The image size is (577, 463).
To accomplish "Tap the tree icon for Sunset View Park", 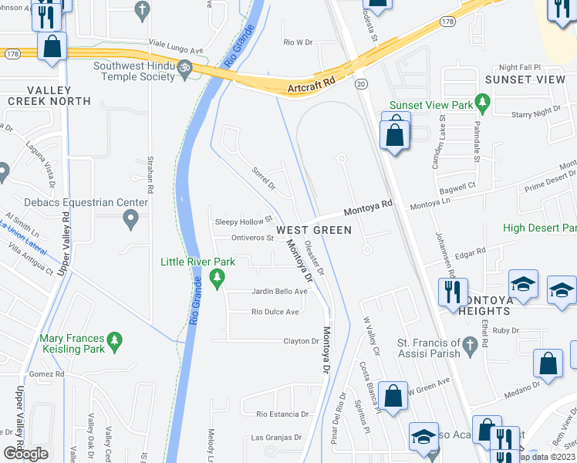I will tap(483, 102).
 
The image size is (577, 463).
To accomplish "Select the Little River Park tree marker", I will tap(218, 277).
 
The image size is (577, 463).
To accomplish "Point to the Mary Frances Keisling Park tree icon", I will tap(115, 340).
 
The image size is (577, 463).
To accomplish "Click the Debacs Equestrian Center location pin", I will tap(130, 218).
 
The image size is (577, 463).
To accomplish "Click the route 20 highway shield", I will tap(359, 83).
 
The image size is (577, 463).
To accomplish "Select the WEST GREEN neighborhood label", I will tap(314, 230).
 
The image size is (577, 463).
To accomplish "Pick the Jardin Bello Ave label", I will tap(279, 292).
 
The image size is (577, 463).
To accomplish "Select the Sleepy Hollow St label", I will tap(244, 221).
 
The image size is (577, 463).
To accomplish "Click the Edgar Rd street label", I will tap(470, 252).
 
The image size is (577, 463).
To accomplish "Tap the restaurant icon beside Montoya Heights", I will tap(452, 291).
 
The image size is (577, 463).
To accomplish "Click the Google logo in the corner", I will tap(25, 453).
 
